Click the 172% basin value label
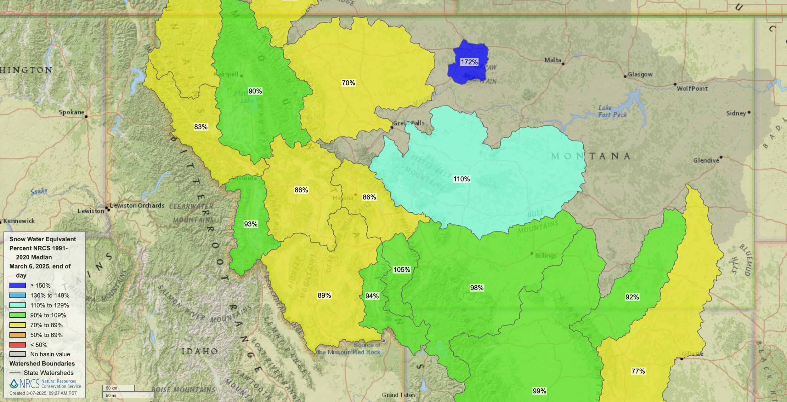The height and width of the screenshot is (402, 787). click(x=469, y=62)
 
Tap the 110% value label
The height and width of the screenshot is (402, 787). click(x=461, y=179)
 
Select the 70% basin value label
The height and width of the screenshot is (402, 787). click(x=348, y=83)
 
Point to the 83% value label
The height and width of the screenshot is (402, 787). click(x=201, y=127)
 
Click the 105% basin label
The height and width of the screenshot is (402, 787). click(x=402, y=270)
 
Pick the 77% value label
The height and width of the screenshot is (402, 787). click(x=638, y=371)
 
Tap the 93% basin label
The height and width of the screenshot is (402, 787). click(x=251, y=224)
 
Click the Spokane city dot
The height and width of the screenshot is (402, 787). click(x=86, y=117)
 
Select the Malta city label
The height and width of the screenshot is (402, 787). click(x=553, y=60)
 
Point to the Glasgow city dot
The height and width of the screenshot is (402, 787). click(x=625, y=77)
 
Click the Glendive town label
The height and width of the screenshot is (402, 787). click(x=706, y=160)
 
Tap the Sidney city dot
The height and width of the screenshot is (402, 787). click(x=749, y=112)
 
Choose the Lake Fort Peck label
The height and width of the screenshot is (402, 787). click(x=612, y=112)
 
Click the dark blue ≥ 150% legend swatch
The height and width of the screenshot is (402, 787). click(x=18, y=285)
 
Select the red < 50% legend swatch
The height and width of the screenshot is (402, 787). click(x=18, y=345)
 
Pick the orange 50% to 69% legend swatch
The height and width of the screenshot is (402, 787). click(x=18, y=335)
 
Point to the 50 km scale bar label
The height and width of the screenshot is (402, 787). click(x=111, y=388)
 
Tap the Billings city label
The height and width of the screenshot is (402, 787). click(x=546, y=256)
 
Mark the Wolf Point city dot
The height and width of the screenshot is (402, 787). click(x=675, y=84)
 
